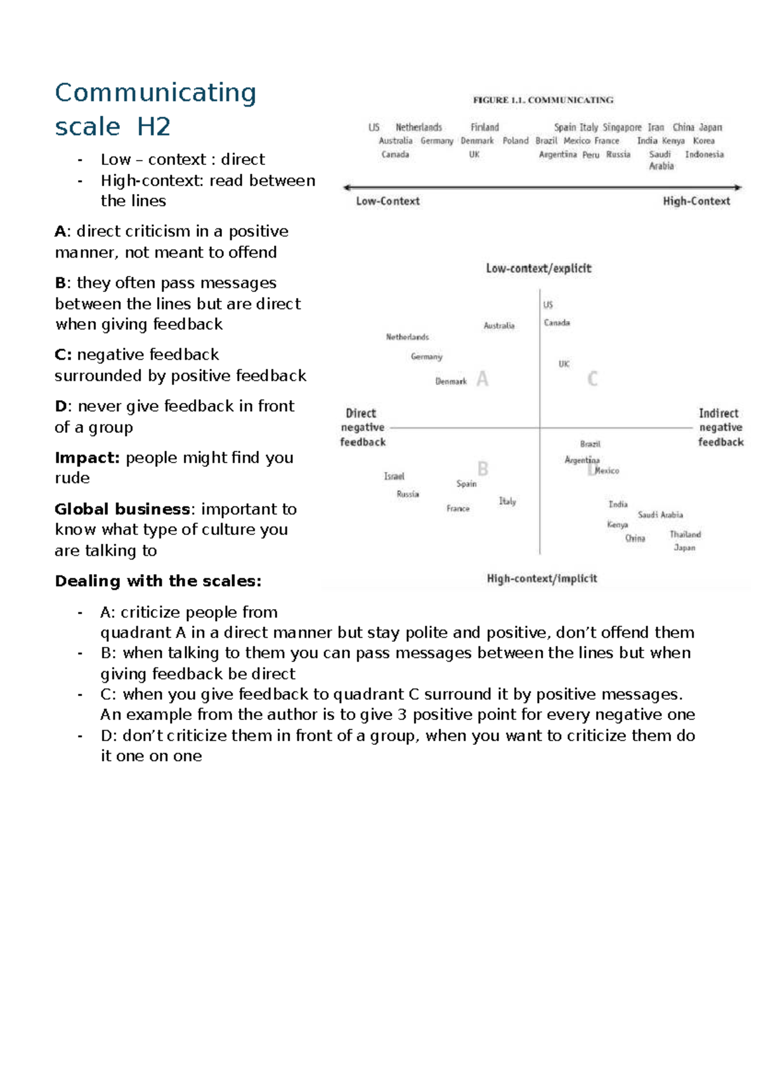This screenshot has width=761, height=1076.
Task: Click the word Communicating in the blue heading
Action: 155,93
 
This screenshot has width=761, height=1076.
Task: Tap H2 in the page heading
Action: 153,127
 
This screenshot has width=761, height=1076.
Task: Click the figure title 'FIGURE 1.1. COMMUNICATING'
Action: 543,100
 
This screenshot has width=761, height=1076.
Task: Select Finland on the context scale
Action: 485,128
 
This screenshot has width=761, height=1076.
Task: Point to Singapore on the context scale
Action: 621,128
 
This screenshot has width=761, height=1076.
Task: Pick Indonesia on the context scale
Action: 704,154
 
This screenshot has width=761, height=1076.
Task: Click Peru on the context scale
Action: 590,155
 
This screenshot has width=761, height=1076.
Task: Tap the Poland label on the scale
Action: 515,141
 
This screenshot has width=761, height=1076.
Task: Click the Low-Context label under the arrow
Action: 387,201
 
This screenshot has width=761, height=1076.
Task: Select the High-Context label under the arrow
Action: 696,201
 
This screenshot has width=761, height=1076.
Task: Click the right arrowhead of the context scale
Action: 738,187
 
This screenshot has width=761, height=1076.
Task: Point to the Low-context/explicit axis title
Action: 538,268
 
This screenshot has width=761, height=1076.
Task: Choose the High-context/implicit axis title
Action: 542,579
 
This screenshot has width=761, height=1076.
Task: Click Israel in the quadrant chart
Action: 394,476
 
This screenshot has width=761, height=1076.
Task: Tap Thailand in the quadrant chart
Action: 685,534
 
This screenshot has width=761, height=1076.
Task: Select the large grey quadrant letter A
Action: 482,379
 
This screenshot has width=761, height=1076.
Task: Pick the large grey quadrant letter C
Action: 592,379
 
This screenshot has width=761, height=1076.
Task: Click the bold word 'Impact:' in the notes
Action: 87,458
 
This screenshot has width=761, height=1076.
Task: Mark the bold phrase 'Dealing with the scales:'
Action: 158,581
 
